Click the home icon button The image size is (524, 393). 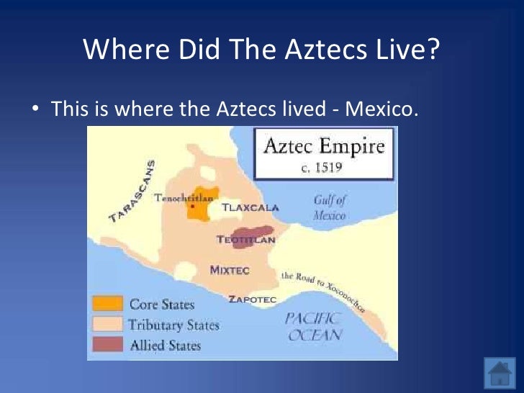point(499,373)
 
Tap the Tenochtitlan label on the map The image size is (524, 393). point(178,198)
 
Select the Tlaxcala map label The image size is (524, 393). point(250,207)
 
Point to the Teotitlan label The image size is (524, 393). point(245,240)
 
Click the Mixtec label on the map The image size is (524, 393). point(230,270)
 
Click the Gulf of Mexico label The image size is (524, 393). point(329,207)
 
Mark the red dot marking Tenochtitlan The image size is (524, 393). point(194,207)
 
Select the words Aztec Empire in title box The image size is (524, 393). point(324,147)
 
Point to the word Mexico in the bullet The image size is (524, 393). point(381,110)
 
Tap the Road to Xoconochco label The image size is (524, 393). point(322,291)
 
